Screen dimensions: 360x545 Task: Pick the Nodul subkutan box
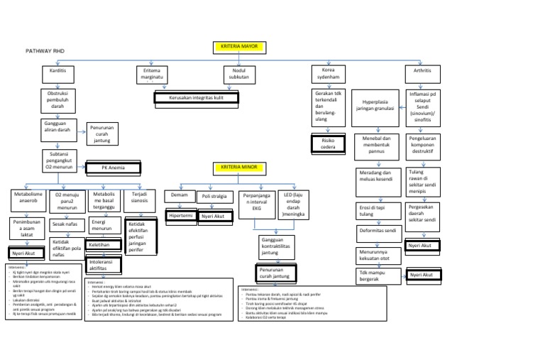[x=239, y=75]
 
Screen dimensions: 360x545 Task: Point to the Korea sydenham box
[x=329, y=75]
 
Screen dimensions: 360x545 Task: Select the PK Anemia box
[x=113, y=168]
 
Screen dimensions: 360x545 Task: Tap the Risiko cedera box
[x=329, y=144]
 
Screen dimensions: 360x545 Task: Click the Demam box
[x=180, y=195]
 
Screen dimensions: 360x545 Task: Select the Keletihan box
[x=102, y=244]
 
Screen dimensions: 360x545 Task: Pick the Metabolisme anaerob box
[x=28, y=198]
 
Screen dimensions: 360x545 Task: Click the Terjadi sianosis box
[x=139, y=197]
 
